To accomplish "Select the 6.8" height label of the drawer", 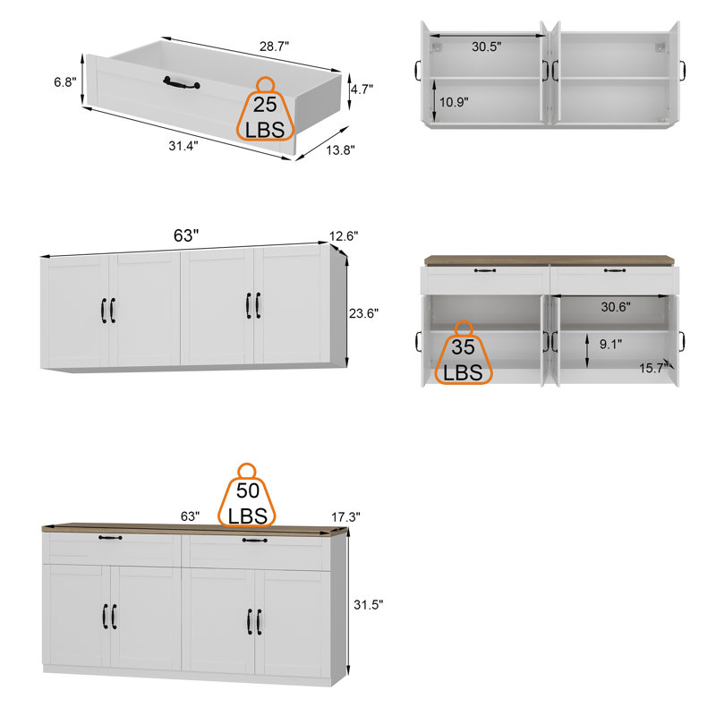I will coord(64,81).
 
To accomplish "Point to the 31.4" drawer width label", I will coord(183,145).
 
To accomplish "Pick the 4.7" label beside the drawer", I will coord(362,89).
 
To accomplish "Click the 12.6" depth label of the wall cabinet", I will coord(344,236).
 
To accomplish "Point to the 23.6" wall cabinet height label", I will coord(363,313).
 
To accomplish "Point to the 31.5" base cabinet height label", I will coord(368,605).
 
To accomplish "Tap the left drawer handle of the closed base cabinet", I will coord(111,538).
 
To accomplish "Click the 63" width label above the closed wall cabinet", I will coord(185,235).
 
